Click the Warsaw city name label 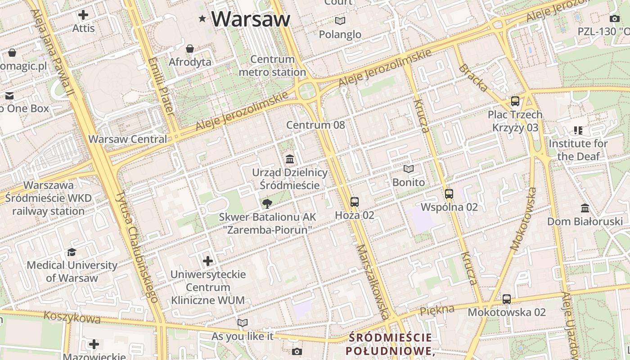(251, 19)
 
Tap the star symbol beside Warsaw (202, 18)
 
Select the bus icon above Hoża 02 (355, 202)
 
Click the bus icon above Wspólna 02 (449, 194)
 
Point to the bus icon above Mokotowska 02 (507, 299)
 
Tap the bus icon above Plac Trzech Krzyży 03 (515, 101)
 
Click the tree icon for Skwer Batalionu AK (267, 204)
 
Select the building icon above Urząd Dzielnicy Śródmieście (290, 159)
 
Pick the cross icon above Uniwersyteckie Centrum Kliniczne (208, 261)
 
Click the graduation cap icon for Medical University (72, 252)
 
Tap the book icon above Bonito (409, 169)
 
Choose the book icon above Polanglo (340, 21)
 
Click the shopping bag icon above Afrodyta (190, 49)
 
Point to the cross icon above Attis (83, 15)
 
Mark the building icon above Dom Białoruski (585, 208)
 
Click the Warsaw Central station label (128, 139)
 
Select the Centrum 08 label (315, 125)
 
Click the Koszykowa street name (72, 317)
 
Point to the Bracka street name (473, 78)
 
